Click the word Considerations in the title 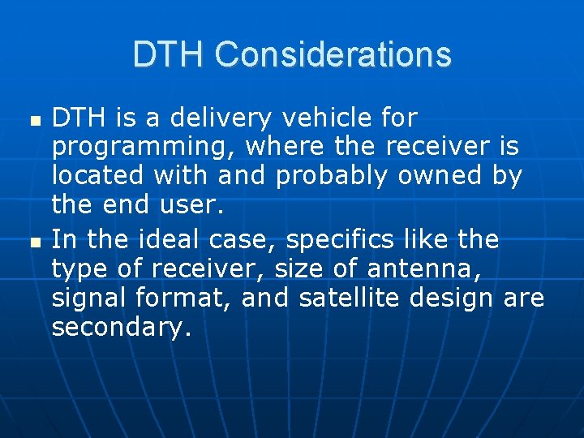333,54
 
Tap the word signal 88,299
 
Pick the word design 451,298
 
